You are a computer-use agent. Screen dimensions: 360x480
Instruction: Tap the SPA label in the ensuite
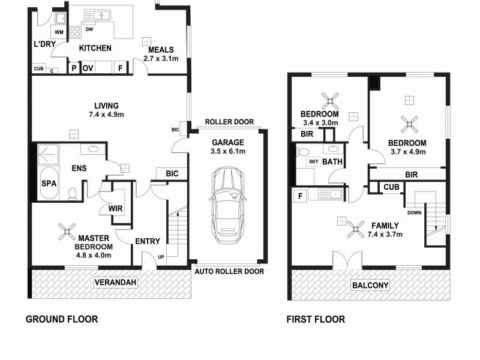[49, 184]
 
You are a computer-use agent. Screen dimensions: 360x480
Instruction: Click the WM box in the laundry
[59, 32]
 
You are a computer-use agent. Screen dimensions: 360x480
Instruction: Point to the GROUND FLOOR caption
[61, 319]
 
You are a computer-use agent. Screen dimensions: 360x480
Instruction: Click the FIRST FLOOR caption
[316, 319]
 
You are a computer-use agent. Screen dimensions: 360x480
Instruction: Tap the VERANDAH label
[115, 282]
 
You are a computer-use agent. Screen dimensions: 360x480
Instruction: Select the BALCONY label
[370, 285]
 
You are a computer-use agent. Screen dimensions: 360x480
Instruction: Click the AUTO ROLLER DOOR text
[229, 271]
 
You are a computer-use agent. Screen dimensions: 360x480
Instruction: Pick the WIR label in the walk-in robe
[116, 208]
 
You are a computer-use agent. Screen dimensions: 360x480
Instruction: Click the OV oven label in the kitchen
[88, 68]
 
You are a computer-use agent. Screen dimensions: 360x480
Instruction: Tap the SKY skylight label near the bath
[313, 161]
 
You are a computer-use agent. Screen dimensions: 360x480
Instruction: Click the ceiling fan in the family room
[356, 228]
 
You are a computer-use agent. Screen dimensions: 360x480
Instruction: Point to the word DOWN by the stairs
[414, 212]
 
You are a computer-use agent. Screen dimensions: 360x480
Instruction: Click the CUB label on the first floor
[392, 187]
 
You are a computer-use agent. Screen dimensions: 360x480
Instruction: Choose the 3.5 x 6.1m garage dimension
[227, 152]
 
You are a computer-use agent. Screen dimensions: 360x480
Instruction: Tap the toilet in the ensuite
[72, 193]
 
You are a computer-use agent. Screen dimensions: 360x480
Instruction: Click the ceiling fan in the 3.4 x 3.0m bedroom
[329, 100]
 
